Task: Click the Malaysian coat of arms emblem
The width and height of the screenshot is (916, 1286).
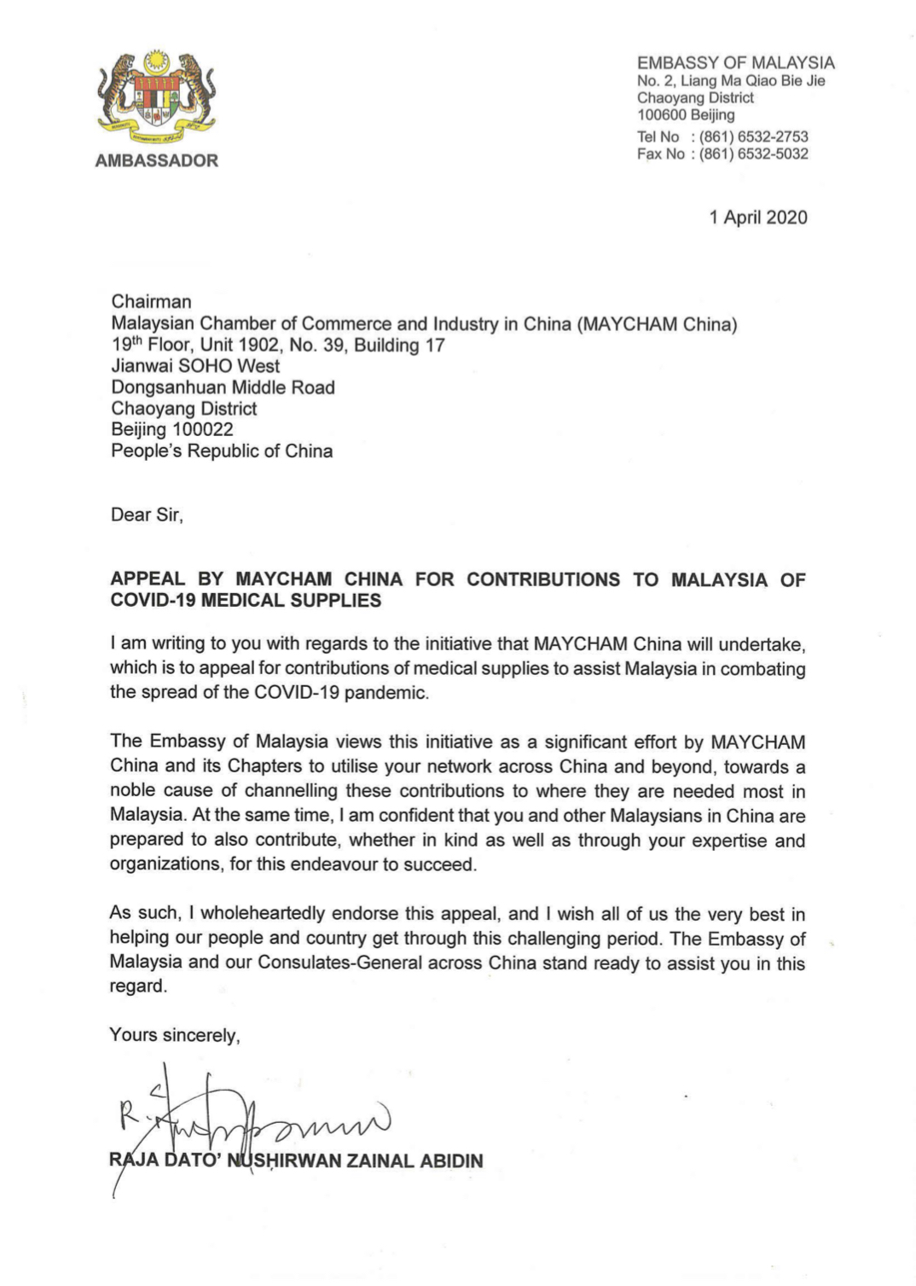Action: tap(157, 98)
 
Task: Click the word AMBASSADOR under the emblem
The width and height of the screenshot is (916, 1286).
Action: tap(157, 160)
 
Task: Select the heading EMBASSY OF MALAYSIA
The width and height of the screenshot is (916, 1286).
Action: tap(735, 63)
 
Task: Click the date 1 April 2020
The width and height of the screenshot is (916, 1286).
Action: tap(758, 218)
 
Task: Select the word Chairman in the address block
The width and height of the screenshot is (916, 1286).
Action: tap(151, 302)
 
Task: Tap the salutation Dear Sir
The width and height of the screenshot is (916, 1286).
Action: tap(147, 515)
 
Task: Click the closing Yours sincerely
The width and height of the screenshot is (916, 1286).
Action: tap(175, 1035)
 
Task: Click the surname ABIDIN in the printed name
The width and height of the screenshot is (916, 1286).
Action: tap(451, 1161)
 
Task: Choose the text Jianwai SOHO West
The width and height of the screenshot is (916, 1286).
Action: tap(195, 366)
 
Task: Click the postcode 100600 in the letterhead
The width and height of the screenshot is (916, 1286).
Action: tap(662, 115)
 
